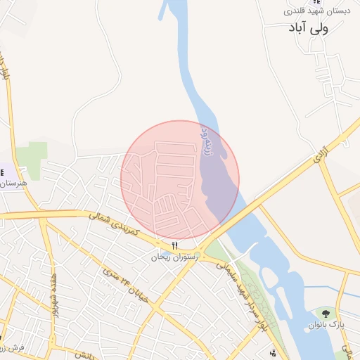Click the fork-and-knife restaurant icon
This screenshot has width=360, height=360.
(x=174, y=245)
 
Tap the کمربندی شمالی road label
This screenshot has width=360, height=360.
(x=115, y=224)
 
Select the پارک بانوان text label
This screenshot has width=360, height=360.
(x=326, y=325)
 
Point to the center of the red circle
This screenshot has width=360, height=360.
(x=180, y=180)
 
